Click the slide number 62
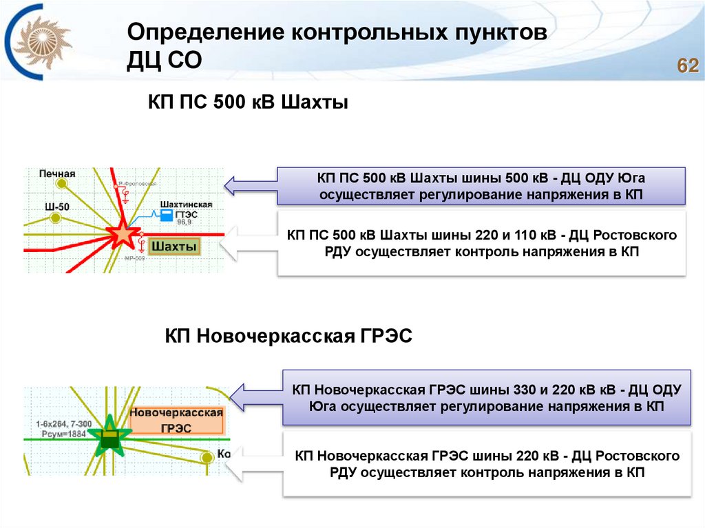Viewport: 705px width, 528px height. pyautogui.click(x=688, y=66)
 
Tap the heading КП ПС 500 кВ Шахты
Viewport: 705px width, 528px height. pyautogui.click(x=249, y=103)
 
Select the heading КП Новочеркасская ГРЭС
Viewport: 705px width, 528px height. pyautogui.click(x=288, y=337)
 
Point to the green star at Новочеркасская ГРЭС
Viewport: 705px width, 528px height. pyautogui.click(x=109, y=436)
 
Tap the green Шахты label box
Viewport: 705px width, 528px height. pyautogui.click(x=173, y=246)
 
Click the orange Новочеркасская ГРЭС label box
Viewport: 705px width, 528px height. pyautogui.click(x=176, y=420)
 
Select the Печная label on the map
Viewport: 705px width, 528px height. pyautogui.click(x=56, y=173)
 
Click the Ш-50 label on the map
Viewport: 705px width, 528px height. pyautogui.click(x=56, y=207)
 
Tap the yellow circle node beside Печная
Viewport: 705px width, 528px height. pyautogui.click(x=62, y=184)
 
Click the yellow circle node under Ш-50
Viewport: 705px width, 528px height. pyautogui.click(x=55, y=218)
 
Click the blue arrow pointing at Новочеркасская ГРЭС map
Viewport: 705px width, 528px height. pyautogui.click(x=255, y=397)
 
